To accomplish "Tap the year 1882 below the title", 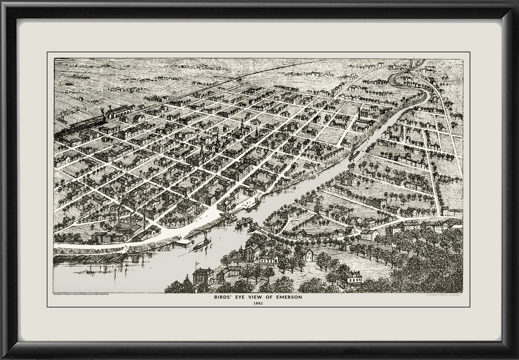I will coord(257,303).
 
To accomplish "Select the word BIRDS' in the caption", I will coord(224,297).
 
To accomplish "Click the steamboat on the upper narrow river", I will coord(354,155).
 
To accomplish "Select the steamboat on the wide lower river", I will coord(202,244).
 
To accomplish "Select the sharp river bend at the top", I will coord(394,80).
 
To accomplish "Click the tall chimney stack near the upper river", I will coord(359,113).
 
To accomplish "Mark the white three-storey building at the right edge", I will coord(452,212).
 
